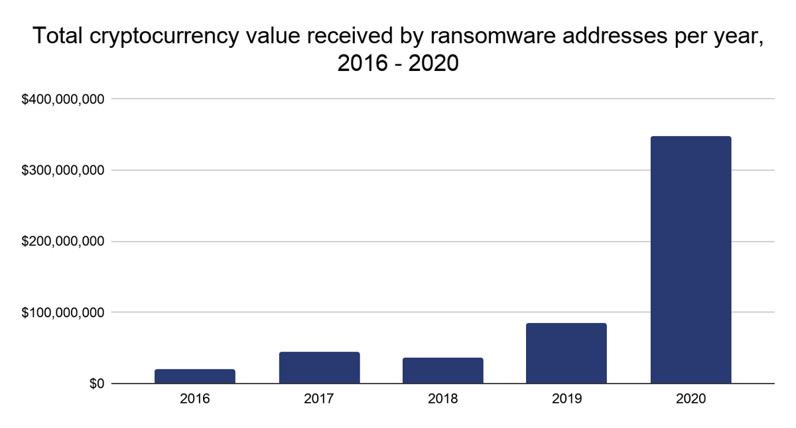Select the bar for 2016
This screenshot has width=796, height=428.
[195, 376]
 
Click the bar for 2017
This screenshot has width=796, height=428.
[319, 368]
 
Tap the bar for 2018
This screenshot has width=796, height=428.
[443, 370]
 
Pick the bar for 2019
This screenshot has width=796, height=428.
[566, 353]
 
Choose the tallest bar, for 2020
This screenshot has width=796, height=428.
[691, 260]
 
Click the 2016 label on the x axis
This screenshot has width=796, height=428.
[195, 399]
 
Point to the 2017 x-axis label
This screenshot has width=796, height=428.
[319, 399]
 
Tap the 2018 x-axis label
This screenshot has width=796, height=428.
[443, 399]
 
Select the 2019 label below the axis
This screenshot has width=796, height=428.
[566, 399]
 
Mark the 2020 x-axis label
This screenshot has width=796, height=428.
[691, 399]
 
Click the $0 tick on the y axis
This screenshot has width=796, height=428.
[98, 384]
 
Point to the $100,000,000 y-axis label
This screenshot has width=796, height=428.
[64, 313]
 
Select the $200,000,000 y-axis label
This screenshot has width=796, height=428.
[64, 242]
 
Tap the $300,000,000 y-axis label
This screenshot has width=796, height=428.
[64, 171]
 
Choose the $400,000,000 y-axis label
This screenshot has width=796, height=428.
[64, 100]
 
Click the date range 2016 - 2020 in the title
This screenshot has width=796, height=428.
[398, 64]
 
